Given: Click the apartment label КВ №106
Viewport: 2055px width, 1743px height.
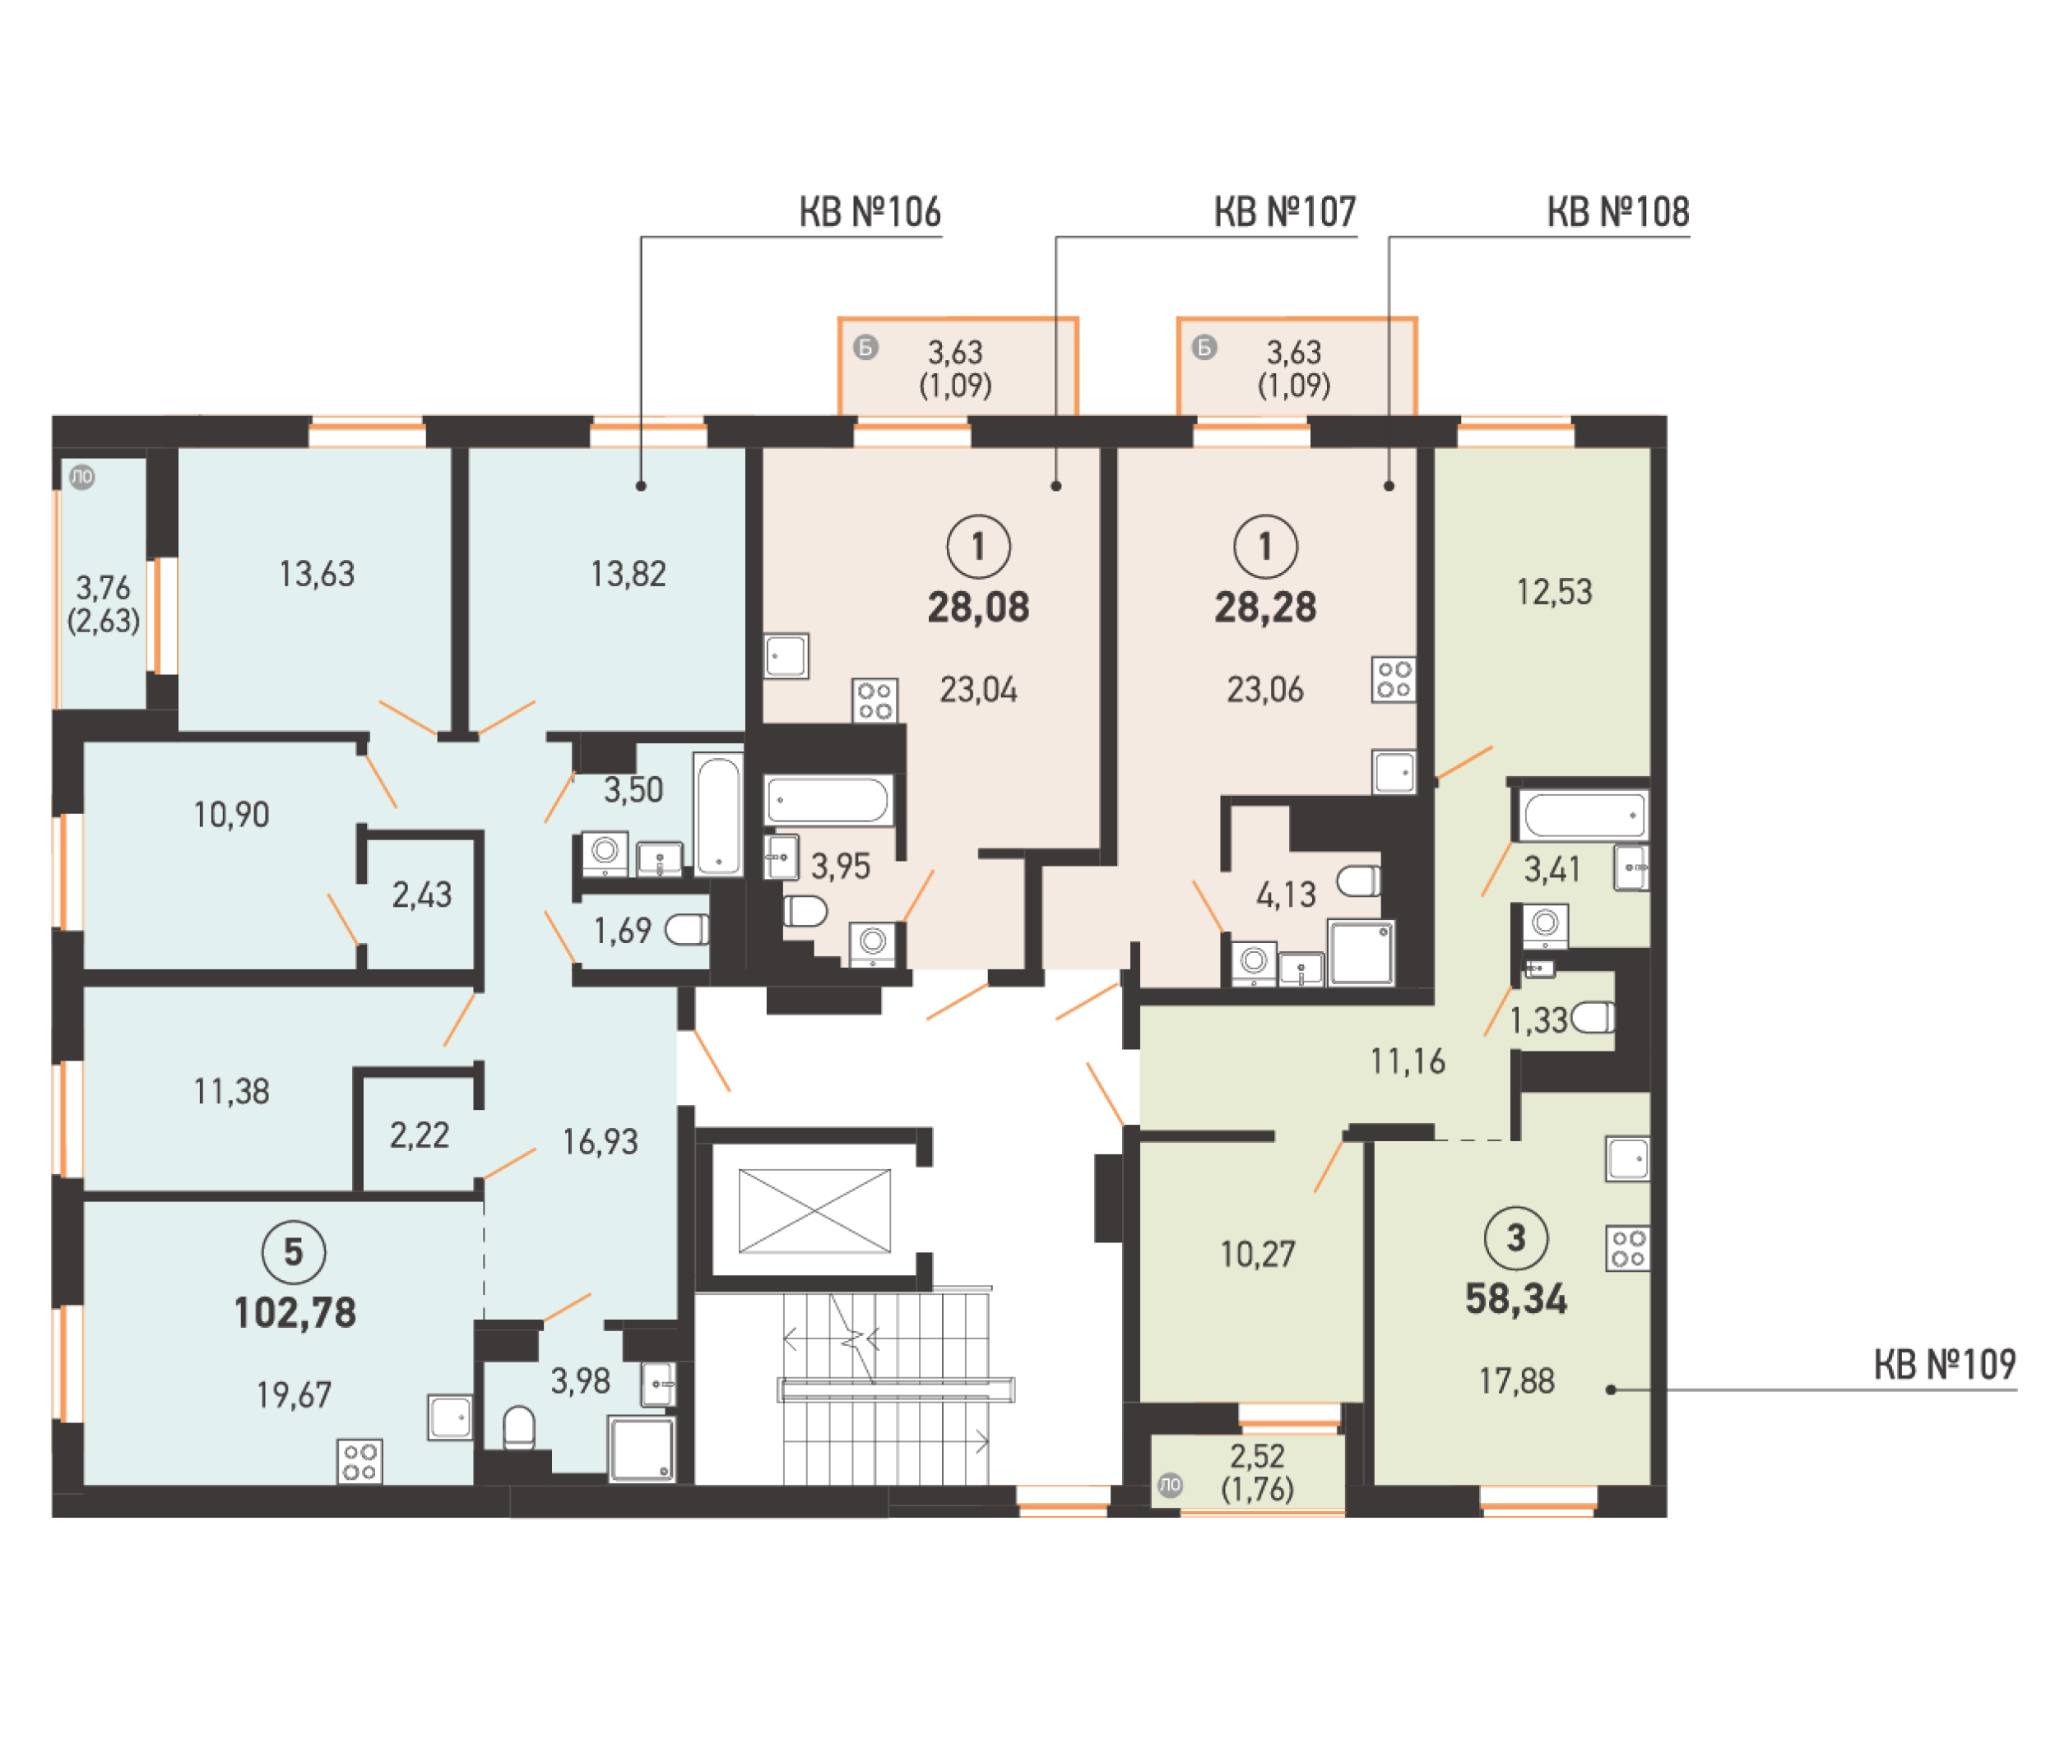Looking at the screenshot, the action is tap(869, 211).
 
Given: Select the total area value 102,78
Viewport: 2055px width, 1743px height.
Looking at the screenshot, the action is tap(295, 1312).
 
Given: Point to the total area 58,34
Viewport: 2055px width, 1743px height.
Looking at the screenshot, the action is tap(1515, 1298).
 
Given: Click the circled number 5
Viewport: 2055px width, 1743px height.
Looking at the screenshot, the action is tap(294, 1252).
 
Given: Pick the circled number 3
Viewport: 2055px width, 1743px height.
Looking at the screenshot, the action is tap(1515, 1237).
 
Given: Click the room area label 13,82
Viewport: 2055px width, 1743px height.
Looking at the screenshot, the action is tap(628, 573).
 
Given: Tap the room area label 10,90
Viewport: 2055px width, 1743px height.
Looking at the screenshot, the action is tap(231, 814).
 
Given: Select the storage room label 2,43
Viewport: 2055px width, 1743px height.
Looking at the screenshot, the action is tap(421, 895).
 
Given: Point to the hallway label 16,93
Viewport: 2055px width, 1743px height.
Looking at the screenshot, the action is tap(600, 1141).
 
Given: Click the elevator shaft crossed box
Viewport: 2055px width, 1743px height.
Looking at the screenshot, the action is tap(814, 1210).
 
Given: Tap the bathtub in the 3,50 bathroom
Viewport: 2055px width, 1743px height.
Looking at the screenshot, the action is tap(717, 814).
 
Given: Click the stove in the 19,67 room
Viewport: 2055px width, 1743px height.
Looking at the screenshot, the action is tap(360, 1461).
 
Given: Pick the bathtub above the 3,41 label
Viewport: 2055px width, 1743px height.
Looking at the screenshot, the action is tap(1583, 815).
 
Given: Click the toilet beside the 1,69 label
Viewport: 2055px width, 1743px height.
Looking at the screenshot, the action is tap(687, 929).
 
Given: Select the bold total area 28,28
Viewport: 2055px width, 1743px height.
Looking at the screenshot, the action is tap(1264, 607).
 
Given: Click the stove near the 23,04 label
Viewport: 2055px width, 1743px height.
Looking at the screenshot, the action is tap(874, 700).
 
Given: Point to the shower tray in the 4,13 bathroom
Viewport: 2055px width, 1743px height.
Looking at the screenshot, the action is tap(1361, 953).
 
